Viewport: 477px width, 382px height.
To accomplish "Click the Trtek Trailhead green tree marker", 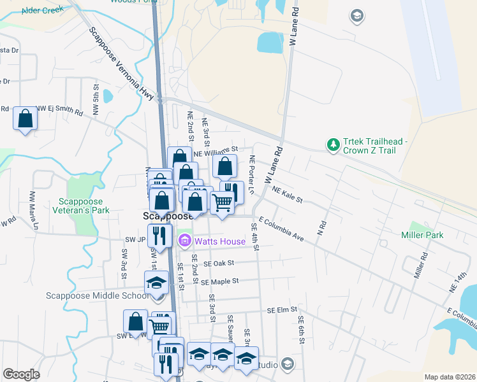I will click(332, 146).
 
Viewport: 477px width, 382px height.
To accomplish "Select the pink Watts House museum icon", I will click(185, 241).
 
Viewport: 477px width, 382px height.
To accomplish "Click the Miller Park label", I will click(422, 235).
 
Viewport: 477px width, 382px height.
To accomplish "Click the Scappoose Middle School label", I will click(97, 295).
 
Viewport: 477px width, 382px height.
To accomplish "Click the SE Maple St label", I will click(219, 281).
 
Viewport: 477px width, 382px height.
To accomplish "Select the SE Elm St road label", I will click(283, 310).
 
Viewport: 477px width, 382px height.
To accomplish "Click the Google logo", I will click(21, 374).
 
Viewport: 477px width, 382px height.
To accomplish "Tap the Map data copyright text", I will click(449, 377).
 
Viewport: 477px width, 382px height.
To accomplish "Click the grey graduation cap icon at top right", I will click(358, 15).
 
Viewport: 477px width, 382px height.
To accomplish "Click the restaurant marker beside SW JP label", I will click(159, 235).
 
